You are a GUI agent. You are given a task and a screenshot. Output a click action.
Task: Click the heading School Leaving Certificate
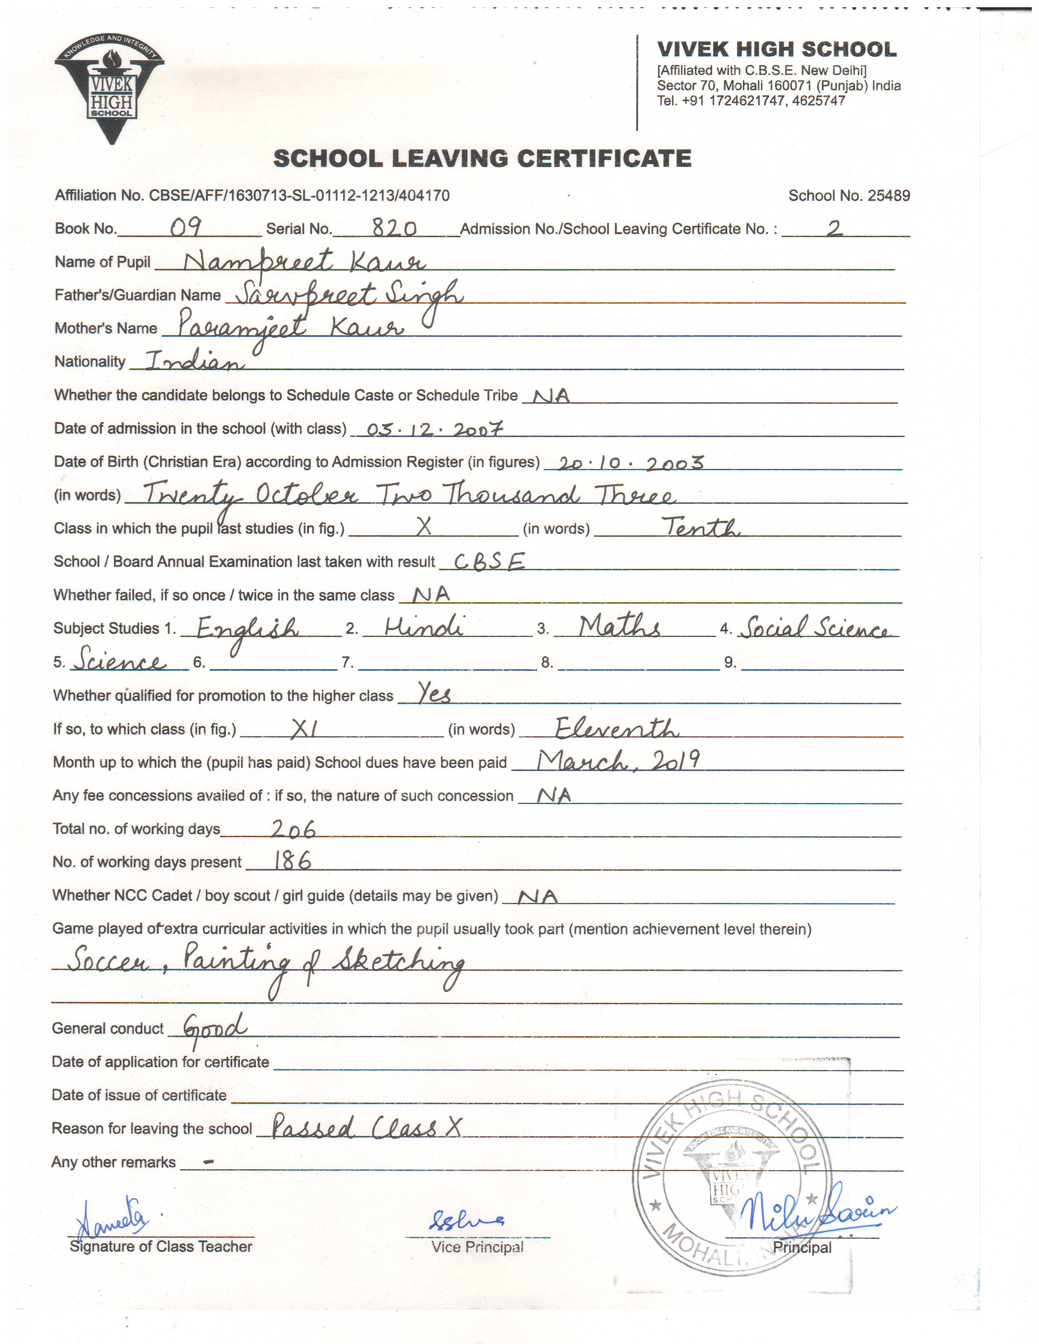pyautogui.click(x=482, y=159)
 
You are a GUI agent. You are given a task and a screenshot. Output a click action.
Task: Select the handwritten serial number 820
pyautogui.click(x=394, y=229)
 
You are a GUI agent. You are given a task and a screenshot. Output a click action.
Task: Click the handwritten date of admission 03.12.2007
pyautogui.click(x=435, y=429)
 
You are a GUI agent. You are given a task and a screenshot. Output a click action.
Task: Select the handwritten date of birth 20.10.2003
pyautogui.click(x=631, y=463)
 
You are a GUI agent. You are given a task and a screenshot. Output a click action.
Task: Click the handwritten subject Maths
pyautogui.click(x=619, y=627)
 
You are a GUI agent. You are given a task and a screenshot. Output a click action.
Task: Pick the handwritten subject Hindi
pyautogui.click(x=424, y=627)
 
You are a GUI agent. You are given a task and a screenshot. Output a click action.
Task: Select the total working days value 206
pyautogui.click(x=293, y=830)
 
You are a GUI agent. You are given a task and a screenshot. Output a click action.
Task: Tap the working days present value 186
pyautogui.click(x=293, y=861)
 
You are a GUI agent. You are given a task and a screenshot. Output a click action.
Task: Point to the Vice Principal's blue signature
pyautogui.click(x=467, y=1219)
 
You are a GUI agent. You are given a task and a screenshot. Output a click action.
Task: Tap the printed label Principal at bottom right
pyautogui.click(x=801, y=1248)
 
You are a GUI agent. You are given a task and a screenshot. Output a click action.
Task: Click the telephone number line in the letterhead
pyautogui.click(x=751, y=101)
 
